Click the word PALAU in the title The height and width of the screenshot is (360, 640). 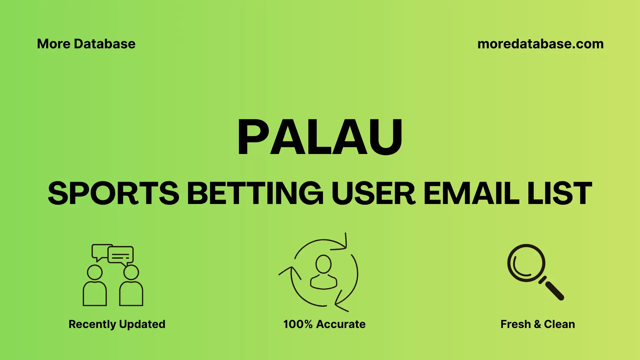[320, 137]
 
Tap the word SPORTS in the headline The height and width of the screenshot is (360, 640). [113, 193]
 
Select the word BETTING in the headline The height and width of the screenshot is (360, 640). [255, 193]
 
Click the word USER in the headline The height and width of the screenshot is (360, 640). [373, 193]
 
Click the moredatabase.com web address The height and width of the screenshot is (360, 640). [540, 44]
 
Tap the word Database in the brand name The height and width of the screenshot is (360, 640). [105, 44]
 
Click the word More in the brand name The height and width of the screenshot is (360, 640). [53, 44]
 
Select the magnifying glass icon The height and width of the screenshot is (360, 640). [527, 263]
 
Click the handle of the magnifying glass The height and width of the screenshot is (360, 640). [554, 290]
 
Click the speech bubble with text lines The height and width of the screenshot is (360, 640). [121, 255]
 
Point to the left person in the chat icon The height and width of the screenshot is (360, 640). [95, 287]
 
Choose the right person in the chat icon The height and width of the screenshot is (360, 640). [131, 287]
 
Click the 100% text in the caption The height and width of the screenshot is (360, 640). [298, 324]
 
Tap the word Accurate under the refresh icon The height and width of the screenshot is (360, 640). [341, 324]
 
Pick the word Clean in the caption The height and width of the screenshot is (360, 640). [559, 324]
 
